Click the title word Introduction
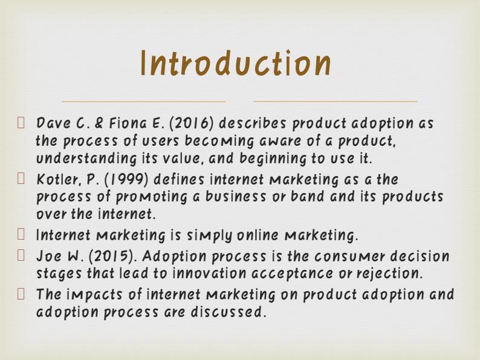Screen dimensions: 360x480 pos(236,64)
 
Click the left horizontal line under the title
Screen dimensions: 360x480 pos(143,101)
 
